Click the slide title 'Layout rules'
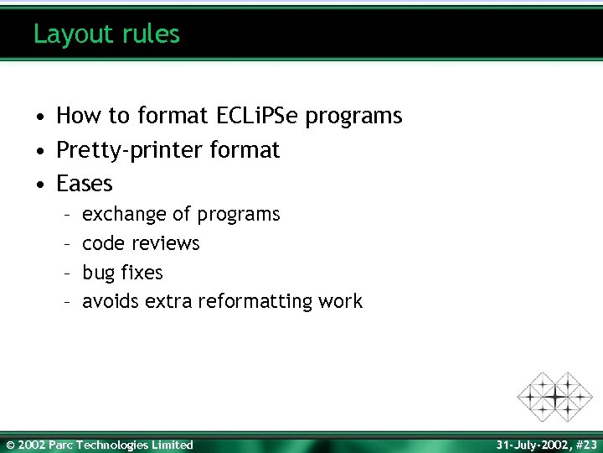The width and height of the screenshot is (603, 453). point(106,34)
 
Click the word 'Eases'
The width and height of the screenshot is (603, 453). point(84,183)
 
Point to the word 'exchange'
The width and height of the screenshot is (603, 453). point(124,215)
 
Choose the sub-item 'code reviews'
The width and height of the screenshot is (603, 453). point(141,243)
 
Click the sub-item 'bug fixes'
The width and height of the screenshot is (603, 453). point(122,273)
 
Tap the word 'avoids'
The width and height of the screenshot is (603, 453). point(111,302)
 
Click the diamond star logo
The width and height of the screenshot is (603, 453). point(554,395)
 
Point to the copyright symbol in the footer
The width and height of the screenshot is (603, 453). point(10,445)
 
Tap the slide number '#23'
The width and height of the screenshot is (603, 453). point(586,445)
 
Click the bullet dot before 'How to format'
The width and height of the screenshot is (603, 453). point(39,117)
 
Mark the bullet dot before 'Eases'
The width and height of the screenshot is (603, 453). point(39,184)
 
